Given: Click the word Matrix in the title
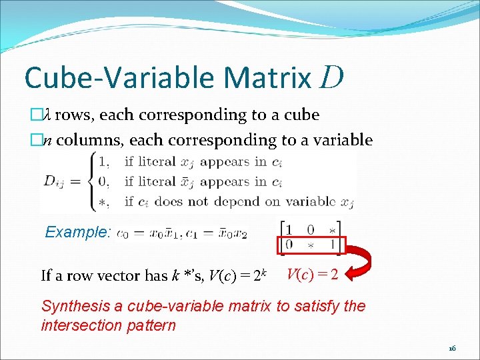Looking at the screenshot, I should (268, 77).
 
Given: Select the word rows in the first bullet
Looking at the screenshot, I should (75, 115).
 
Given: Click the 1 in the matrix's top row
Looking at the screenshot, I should (288, 229).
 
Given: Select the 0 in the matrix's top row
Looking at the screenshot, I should (310, 229).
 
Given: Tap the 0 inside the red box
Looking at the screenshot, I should (288, 246).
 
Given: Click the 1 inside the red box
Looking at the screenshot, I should (331, 246).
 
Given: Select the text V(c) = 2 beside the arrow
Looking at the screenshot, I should (313, 274).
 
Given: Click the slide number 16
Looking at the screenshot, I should (452, 348).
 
